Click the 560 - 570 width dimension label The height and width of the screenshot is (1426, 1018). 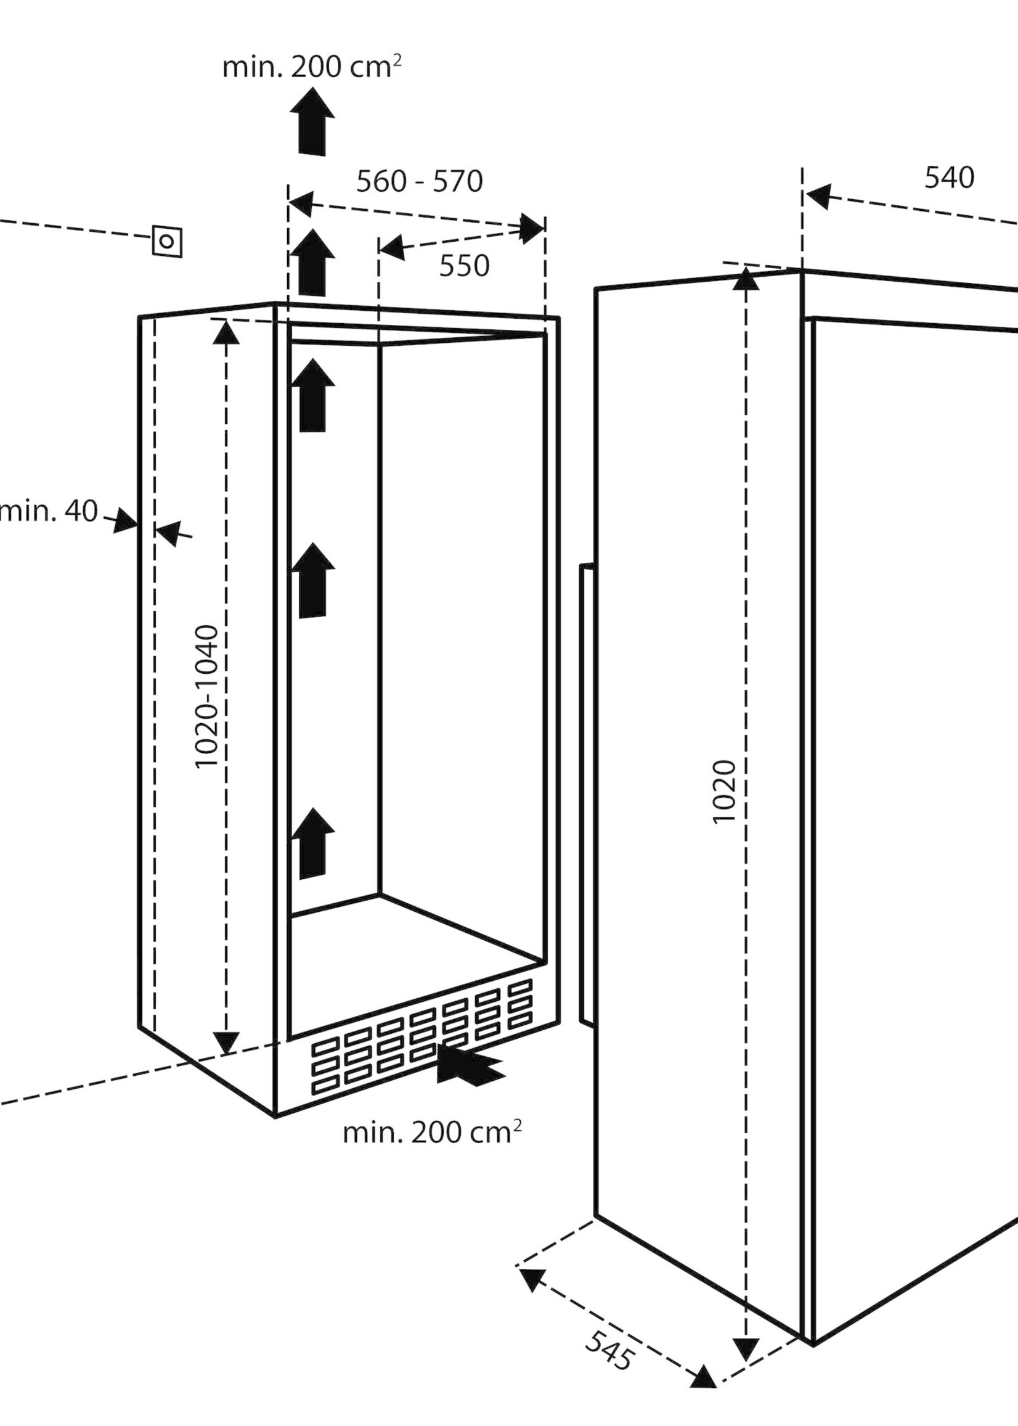pos(420,182)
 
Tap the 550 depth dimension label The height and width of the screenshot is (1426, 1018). pos(464,266)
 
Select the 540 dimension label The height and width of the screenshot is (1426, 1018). pos(949,178)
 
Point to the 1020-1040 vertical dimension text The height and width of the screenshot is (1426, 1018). pos(207,696)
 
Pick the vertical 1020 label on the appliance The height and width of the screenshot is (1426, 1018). pos(725,792)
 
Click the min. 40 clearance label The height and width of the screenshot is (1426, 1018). pos(49,511)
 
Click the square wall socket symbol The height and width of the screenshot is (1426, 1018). pos(168,242)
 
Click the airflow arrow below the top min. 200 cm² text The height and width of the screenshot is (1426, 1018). pos(312,121)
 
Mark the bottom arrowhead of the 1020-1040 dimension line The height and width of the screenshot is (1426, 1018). pos(226,1041)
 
